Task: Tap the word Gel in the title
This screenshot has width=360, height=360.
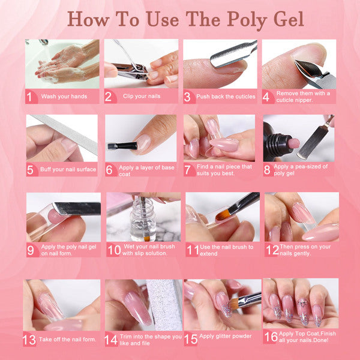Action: [x=285, y=19]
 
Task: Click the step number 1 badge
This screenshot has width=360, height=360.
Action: [x=30, y=96]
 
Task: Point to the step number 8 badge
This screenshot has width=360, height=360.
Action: [x=267, y=169]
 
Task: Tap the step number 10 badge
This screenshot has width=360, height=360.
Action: [x=114, y=249]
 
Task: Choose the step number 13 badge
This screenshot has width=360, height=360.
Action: [x=29, y=340]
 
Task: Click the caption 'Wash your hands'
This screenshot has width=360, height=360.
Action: [x=65, y=96]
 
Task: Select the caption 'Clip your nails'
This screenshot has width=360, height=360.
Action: [x=142, y=96]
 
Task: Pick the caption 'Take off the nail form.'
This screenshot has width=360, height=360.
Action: [x=67, y=339]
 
